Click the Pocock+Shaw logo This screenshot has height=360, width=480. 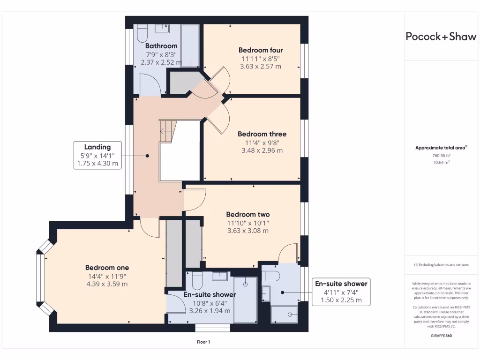point(441,37)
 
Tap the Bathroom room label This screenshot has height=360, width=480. point(161,46)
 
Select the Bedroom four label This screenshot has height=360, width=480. point(261,50)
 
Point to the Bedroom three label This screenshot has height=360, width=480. point(262,134)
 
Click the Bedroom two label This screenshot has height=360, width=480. point(248,215)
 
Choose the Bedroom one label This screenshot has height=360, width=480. point(107,268)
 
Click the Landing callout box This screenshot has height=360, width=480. point(97,155)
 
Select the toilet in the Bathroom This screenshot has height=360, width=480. point(142,33)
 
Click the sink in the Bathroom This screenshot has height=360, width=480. point(162,29)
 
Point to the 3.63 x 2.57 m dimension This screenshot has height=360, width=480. point(261,67)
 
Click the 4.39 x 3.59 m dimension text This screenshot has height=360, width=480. point(107,284)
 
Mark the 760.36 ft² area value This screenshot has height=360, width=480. point(441,156)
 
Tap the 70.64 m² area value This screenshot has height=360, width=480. point(441,163)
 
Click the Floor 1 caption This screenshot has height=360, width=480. point(203,342)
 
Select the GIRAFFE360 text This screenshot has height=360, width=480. point(441,336)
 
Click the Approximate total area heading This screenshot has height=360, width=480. point(441,148)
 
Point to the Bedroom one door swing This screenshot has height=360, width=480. point(149,228)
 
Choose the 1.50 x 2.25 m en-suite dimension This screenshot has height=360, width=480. point(341,300)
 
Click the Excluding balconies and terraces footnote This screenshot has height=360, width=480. point(441,265)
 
